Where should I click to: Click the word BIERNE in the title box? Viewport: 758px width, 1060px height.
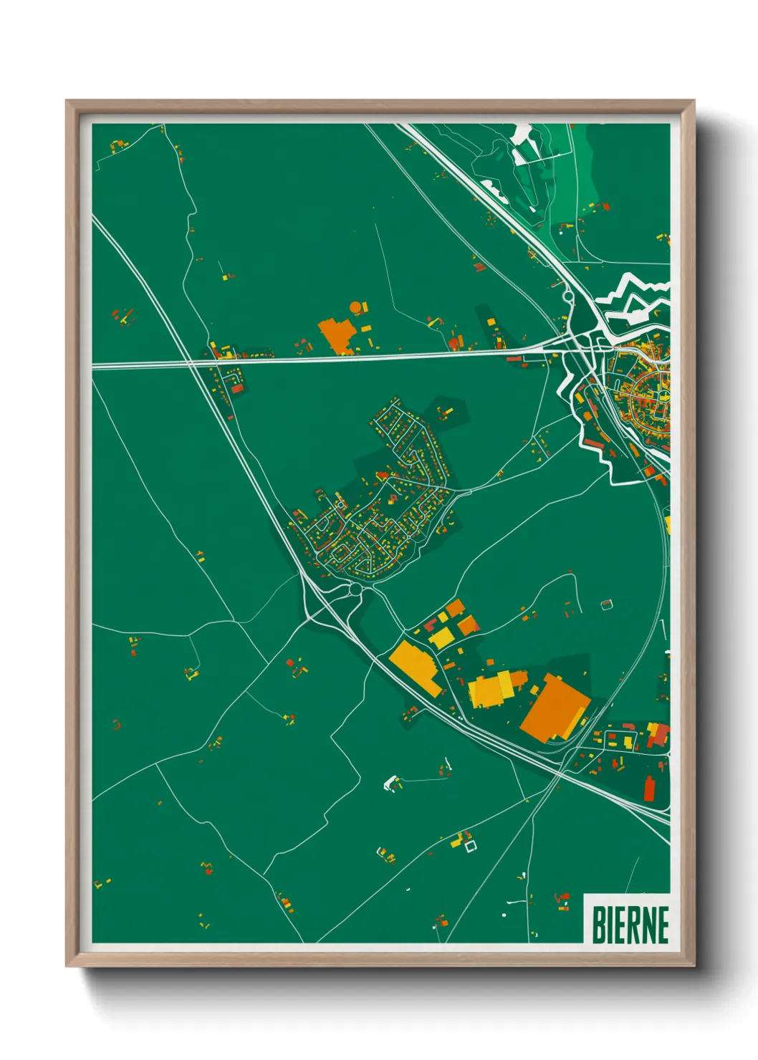pyautogui.click(x=630, y=925)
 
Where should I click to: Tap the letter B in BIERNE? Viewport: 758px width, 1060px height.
pyautogui.click(x=598, y=925)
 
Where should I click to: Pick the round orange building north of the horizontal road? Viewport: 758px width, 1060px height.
pyautogui.click(x=355, y=308)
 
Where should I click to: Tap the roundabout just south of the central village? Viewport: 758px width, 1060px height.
pyautogui.click(x=355, y=589)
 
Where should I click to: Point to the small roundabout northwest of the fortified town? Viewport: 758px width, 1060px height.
pyautogui.click(x=568, y=294)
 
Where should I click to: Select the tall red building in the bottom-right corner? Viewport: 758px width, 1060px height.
pyautogui.click(x=650, y=788)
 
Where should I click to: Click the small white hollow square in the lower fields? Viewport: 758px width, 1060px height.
pyautogui.click(x=471, y=847)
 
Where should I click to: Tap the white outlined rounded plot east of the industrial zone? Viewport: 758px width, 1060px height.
pyautogui.click(x=607, y=604)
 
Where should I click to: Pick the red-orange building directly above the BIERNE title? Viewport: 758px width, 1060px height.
pyautogui.click(x=562, y=897)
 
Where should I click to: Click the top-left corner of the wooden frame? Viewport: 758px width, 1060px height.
pyautogui.click(x=67, y=102)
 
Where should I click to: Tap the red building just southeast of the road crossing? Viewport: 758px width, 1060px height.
pyautogui.click(x=237, y=388)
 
